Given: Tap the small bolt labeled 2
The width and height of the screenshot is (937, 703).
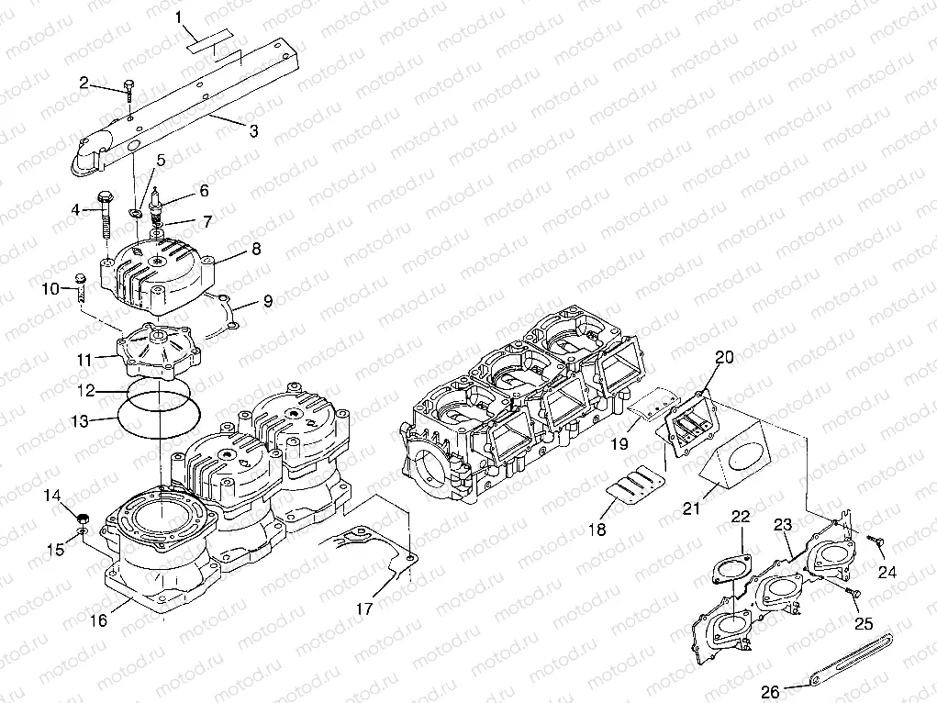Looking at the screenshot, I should (x=130, y=93).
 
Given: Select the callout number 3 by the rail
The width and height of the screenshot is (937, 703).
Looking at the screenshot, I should (x=253, y=131).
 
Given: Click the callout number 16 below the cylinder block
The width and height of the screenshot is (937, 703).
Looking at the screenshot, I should (x=99, y=620).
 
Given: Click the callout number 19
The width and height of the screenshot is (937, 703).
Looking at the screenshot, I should (x=619, y=444).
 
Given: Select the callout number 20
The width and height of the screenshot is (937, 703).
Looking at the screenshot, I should (x=725, y=358).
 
